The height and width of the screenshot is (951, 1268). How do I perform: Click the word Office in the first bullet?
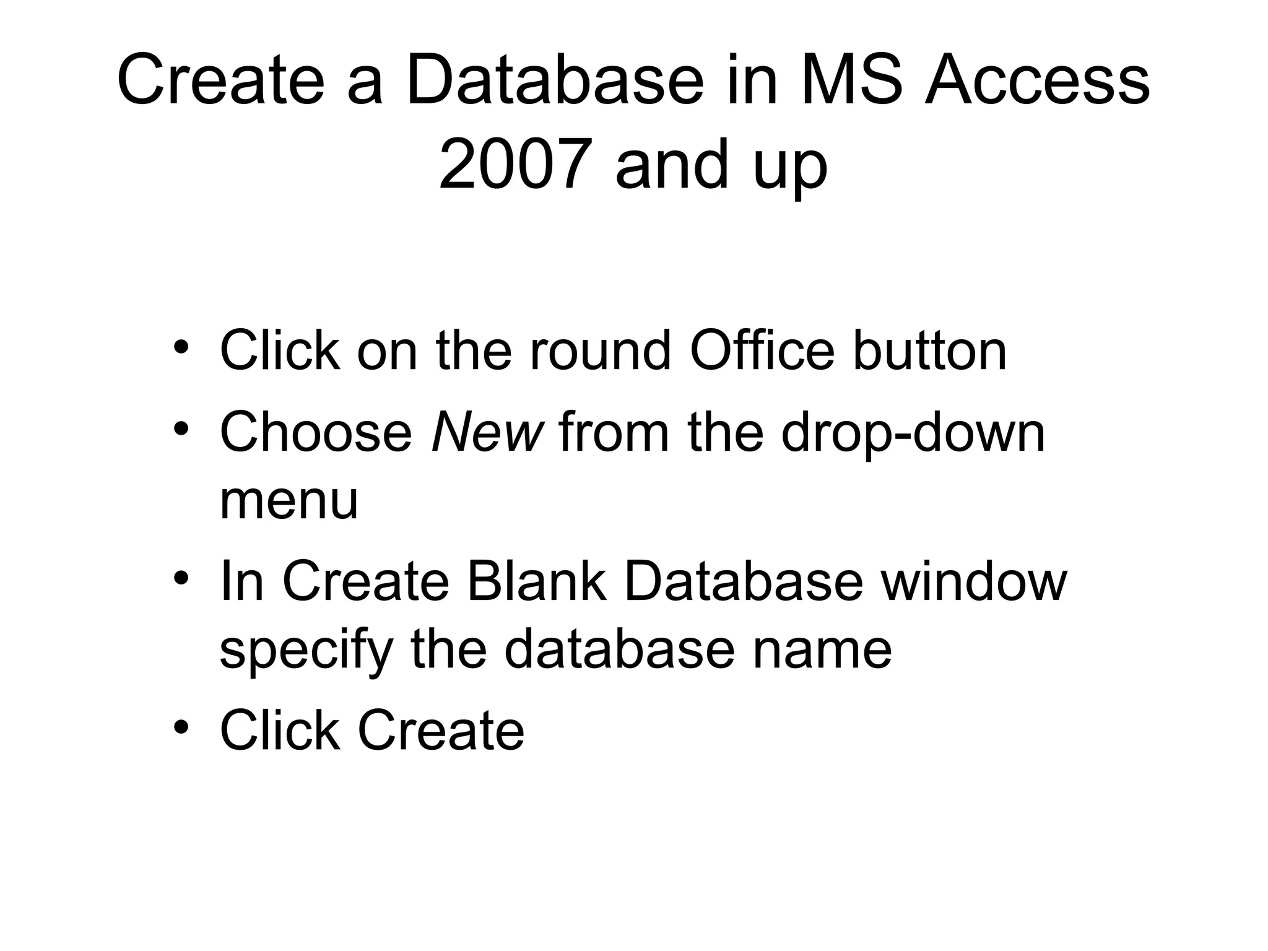click(x=762, y=351)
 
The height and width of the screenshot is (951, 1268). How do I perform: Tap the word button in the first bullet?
click(x=930, y=351)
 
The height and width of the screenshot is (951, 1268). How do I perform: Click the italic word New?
click(x=487, y=433)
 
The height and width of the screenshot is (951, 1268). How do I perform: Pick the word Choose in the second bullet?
click(x=316, y=433)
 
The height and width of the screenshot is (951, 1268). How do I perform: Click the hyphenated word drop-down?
click(x=913, y=433)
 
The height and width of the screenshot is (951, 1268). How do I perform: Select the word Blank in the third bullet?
click(x=536, y=581)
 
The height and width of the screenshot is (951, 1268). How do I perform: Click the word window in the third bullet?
click(x=974, y=581)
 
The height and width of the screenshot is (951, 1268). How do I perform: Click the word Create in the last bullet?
click(x=441, y=731)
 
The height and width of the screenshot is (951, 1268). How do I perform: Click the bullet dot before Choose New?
click(x=181, y=428)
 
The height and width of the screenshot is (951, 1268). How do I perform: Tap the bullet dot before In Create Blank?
click(x=181, y=577)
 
